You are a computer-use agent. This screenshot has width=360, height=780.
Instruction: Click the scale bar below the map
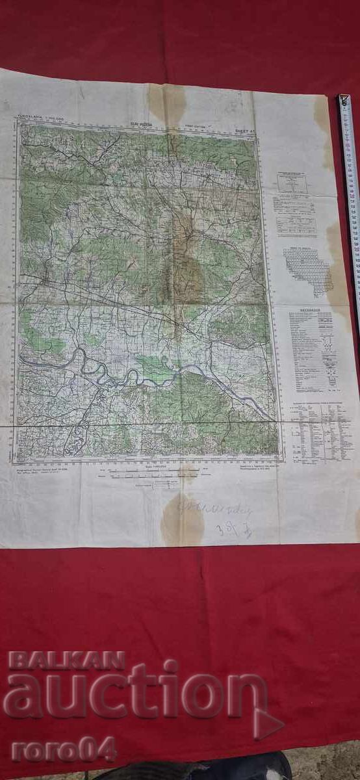point(139,475)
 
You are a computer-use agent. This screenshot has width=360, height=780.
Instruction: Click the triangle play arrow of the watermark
point(266,723)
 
